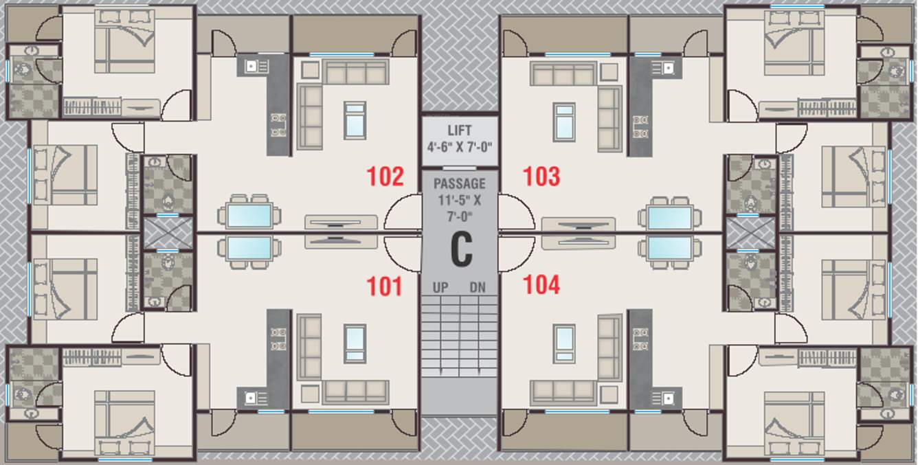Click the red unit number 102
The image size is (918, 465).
point(385,177)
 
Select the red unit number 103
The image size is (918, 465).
point(541,177)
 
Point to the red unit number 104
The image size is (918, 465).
point(541,284)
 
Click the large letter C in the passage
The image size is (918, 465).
point(461,249)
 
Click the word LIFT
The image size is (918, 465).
point(459,131)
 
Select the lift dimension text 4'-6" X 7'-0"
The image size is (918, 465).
point(459,146)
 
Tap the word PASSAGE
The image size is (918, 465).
point(459,184)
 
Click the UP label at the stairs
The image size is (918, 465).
point(440,288)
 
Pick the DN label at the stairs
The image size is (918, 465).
point(478,288)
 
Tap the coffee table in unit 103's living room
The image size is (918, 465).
point(564,122)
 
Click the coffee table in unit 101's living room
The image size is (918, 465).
point(355,343)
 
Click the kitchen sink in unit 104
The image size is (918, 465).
point(667,398)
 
